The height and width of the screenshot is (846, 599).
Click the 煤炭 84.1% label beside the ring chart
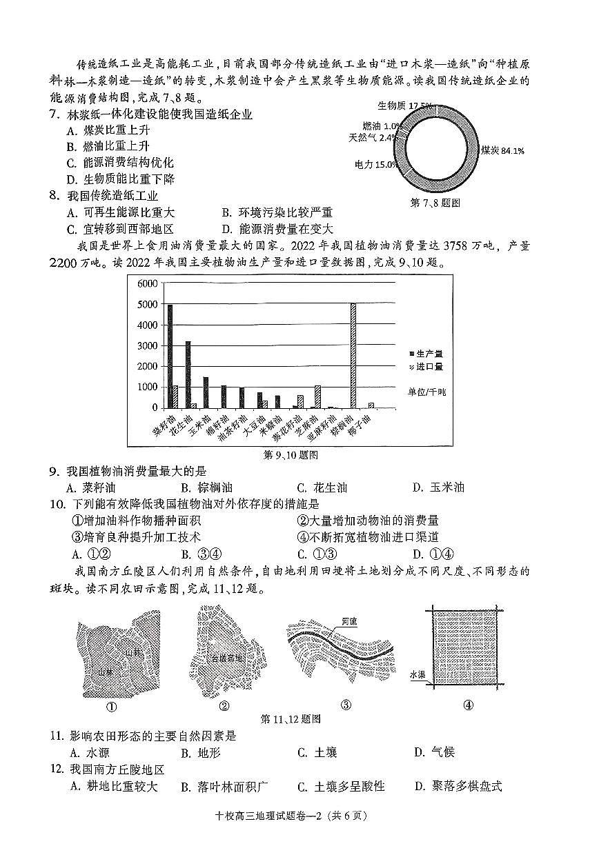(x=502, y=150)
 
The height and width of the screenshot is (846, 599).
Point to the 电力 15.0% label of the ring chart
(x=376, y=165)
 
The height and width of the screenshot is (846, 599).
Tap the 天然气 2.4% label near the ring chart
(x=373, y=137)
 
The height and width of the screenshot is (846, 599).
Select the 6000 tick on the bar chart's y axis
(x=148, y=284)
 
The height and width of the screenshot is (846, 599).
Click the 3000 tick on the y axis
(x=148, y=346)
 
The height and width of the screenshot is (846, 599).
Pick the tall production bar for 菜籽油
(x=170, y=356)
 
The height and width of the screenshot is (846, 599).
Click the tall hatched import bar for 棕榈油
(x=353, y=356)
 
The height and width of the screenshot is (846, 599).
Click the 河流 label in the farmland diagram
(x=350, y=621)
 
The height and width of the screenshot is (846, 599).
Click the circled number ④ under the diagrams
(x=467, y=705)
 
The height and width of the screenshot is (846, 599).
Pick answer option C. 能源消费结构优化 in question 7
(x=120, y=163)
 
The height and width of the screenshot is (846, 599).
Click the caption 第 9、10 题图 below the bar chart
(x=291, y=455)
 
